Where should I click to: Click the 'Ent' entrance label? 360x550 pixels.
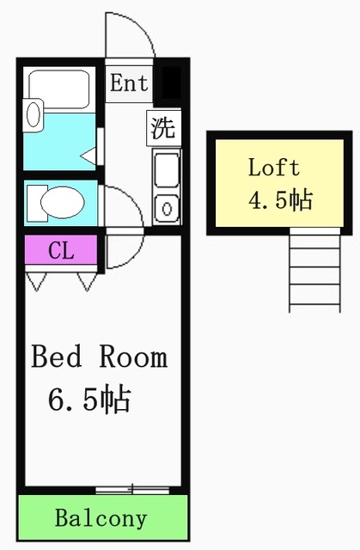[129, 84]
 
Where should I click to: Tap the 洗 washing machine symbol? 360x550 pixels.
[163, 128]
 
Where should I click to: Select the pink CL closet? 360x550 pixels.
[60, 251]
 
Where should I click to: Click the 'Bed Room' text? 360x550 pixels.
[99, 357]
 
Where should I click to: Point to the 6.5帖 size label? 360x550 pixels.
[88, 399]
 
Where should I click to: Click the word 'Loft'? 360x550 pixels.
[273, 167]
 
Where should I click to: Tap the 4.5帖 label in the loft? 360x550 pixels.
[279, 200]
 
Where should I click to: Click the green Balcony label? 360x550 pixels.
[101, 519]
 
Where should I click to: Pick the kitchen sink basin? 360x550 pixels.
[167, 171]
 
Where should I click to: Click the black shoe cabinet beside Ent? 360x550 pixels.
[170, 84]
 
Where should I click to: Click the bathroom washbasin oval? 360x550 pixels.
[34, 114]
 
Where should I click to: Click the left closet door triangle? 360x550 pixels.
[37, 280]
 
